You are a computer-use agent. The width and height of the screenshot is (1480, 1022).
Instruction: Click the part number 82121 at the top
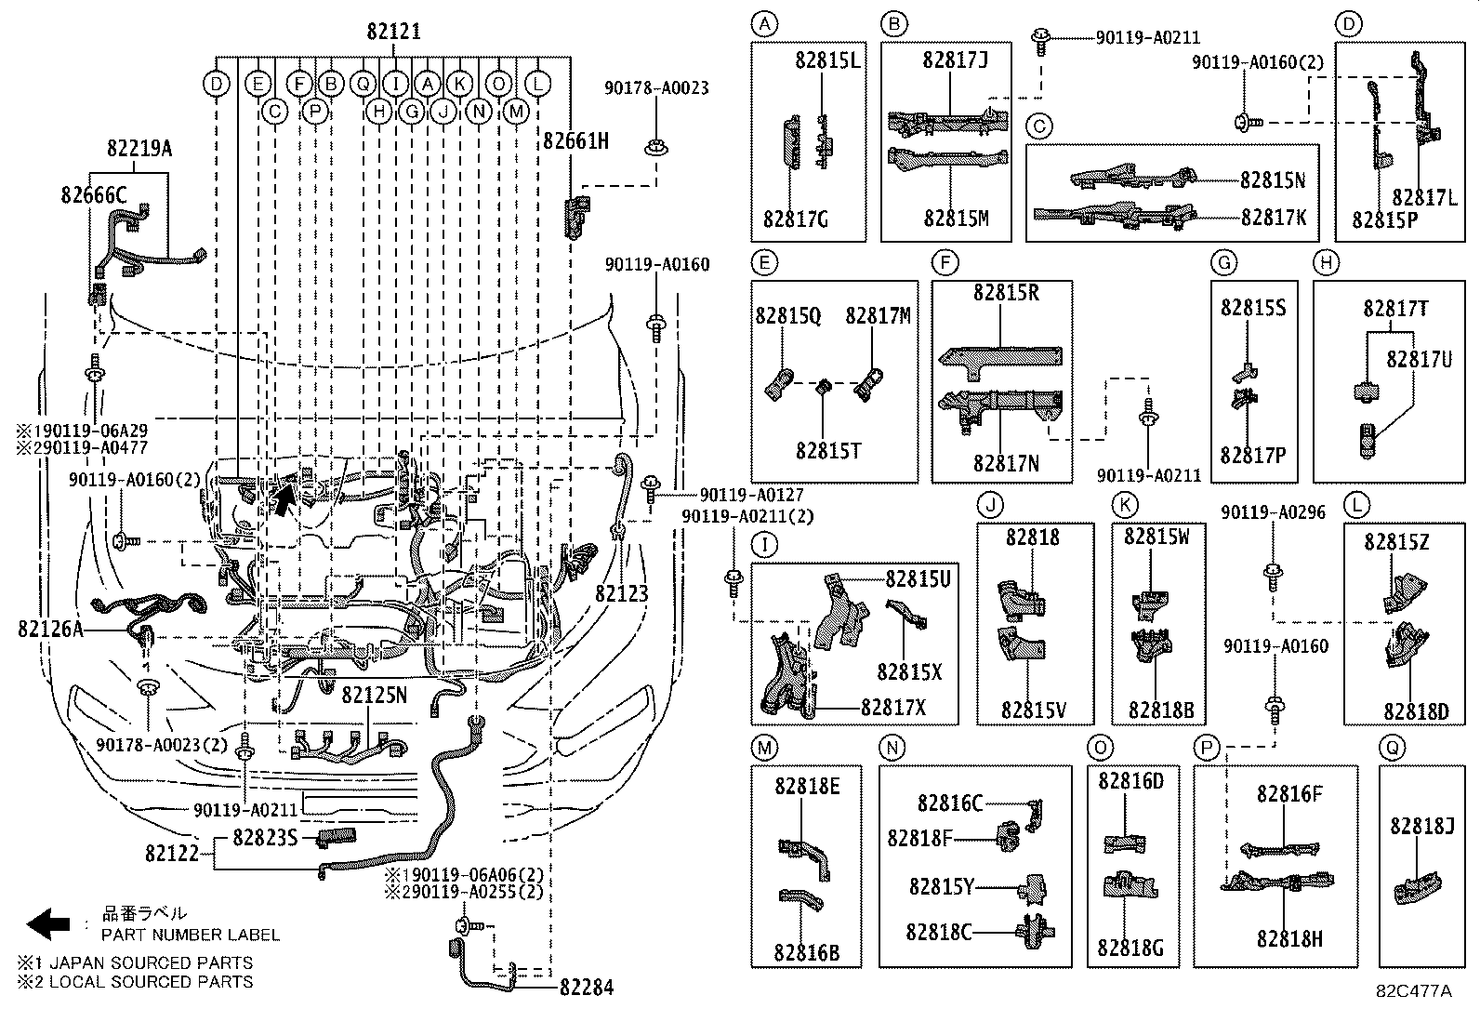coord(393,32)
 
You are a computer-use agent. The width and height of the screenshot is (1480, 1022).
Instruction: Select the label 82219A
coord(139,148)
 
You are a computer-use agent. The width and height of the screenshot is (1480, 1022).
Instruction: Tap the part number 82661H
coord(575,141)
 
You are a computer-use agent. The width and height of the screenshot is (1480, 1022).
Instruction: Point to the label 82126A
coord(50,630)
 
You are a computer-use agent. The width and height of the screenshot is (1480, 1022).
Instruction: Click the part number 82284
coord(586,988)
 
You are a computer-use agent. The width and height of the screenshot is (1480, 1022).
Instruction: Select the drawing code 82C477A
coord(1413,991)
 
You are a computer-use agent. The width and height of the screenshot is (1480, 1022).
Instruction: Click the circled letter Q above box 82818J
coord(1392,748)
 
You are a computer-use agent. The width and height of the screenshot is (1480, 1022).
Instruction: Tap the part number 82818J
coord(1421,826)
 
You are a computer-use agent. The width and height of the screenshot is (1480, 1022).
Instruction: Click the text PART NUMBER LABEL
coord(190,935)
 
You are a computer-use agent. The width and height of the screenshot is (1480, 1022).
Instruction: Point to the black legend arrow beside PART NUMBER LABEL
coord(48,923)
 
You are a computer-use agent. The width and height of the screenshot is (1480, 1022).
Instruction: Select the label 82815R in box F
coord(1006,293)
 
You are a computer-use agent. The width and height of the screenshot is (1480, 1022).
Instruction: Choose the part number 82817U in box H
coord(1419,359)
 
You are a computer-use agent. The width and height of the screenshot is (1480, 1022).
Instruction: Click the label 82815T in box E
coord(827,451)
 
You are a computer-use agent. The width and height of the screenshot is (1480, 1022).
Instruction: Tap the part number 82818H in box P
coord(1289,939)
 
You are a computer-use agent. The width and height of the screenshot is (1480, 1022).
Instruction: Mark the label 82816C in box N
coord(949,803)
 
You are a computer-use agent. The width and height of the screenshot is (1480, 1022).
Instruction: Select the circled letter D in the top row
coord(216,85)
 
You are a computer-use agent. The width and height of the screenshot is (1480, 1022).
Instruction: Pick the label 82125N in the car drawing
coord(374,695)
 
